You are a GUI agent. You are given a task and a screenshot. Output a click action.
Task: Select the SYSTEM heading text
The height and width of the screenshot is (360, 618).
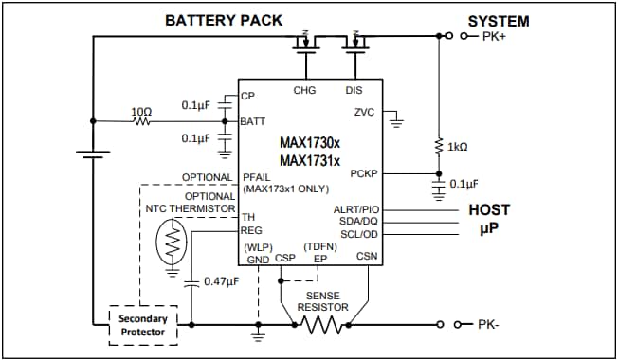(499, 21)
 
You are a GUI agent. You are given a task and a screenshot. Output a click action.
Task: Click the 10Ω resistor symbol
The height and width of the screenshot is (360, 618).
(141, 121)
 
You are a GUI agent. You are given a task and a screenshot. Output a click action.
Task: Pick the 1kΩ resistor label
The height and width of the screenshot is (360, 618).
(459, 147)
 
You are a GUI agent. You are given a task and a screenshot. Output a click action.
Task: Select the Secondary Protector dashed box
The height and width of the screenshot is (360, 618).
(142, 325)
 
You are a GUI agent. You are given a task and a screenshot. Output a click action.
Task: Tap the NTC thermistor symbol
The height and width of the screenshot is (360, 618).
(173, 244)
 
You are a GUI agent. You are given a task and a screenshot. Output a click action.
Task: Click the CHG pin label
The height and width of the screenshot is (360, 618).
(305, 91)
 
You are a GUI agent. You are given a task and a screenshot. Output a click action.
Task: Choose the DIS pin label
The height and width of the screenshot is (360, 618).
(355, 91)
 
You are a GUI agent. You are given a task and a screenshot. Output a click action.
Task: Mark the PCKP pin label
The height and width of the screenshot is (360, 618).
(364, 174)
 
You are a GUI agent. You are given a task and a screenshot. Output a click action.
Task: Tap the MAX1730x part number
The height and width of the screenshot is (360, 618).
(309, 141)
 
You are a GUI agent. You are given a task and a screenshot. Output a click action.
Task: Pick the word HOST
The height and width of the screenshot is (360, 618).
(489, 209)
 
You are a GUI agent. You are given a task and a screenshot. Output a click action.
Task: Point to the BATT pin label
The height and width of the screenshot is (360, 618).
(253, 121)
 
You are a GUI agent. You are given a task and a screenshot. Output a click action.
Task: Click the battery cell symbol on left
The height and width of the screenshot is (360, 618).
(92, 151)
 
